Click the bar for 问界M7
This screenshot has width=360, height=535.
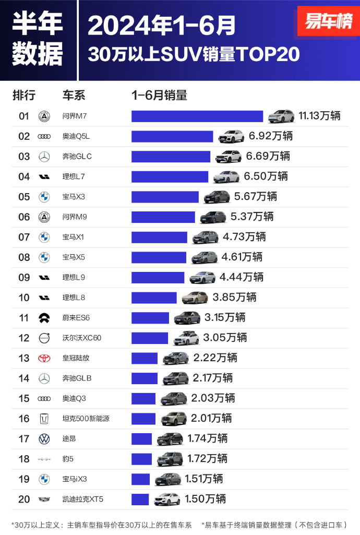[197, 116]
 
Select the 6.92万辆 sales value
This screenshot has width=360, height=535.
[270, 136]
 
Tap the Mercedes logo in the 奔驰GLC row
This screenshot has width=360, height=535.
[44, 157]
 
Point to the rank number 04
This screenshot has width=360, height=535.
[24, 176]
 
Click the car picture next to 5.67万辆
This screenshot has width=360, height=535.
[217, 197]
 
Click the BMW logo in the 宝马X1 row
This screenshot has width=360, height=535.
[44, 237]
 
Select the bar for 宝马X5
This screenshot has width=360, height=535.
[159, 257]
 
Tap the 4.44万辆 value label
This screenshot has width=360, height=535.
[241, 277]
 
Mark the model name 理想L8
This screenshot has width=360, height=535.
[74, 298]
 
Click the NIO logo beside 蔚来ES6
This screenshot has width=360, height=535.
[44, 318]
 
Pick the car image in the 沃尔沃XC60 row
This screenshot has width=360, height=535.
[186, 338]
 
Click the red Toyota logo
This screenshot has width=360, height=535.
[44, 358]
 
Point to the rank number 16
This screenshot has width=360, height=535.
[24, 419]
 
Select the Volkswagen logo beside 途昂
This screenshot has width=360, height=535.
[44, 439]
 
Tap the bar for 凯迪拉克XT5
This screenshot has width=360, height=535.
[140, 500]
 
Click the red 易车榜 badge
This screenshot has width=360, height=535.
[328, 22]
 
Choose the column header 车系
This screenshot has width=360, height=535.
[74, 96]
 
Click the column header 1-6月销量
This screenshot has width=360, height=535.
[159, 96]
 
